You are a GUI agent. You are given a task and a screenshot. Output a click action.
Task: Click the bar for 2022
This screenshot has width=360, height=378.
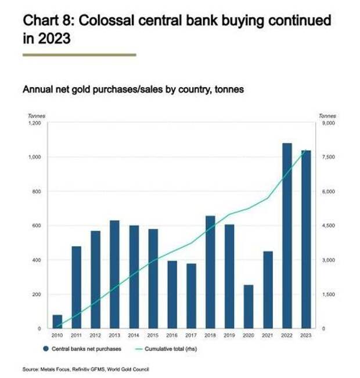tap(286, 235)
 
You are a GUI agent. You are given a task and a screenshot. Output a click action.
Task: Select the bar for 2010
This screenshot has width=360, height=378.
tap(57, 321)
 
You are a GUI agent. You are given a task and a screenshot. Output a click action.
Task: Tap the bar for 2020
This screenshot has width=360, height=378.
tap(248, 306)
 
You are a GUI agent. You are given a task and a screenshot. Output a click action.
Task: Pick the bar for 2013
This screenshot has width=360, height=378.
tap(114, 274)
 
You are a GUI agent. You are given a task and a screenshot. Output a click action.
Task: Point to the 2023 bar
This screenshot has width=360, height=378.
tap(305, 239)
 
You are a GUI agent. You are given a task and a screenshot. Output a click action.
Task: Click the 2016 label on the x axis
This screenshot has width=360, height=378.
tap(172, 335)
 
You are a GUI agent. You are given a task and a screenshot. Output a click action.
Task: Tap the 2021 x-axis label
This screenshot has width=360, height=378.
tap(267, 335)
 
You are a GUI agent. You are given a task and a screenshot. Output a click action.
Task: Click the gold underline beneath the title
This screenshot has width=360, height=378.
tap(79, 55)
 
